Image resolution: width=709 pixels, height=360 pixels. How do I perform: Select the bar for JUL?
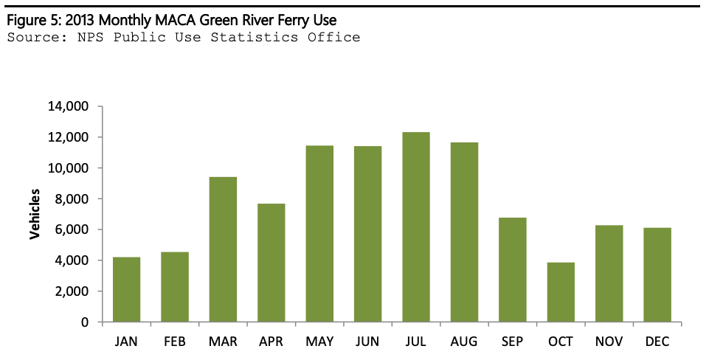click(x=416, y=227)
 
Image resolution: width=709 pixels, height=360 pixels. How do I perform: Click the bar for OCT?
click(x=561, y=292)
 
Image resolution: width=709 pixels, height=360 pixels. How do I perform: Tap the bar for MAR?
click(x=223, y=249)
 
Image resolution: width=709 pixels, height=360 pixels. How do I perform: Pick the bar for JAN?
click(x=126, y=289)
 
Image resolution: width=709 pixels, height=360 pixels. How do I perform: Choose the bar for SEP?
click(x=513, y=270)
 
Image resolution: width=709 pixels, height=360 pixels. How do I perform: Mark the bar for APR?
click(x=272, y=263)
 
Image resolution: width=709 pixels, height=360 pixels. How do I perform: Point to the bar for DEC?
click(x=657, y=275)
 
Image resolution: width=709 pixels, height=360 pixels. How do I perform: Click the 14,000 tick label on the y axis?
click(x=68, y=106)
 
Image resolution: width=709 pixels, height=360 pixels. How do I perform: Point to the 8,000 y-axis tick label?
click(x=71, y=199)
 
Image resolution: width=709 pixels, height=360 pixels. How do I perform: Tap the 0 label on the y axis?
click(x=86, y=322)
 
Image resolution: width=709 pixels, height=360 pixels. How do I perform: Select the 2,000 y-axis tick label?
click(x=71, y=291)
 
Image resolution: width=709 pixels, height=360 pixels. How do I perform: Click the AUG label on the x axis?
click(x=464, y=342)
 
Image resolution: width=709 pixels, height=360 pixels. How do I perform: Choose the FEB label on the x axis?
click(x=175, y=342)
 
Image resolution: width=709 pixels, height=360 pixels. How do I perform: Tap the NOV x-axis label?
click(x=609, y=342)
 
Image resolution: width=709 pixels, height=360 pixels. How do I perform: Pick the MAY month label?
click(x=319, y=342)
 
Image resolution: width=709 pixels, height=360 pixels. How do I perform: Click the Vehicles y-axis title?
click(x=35, y=215)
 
